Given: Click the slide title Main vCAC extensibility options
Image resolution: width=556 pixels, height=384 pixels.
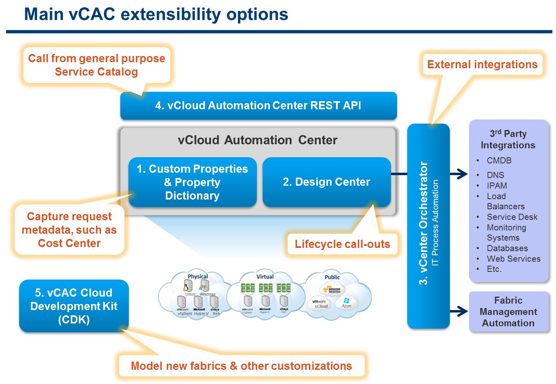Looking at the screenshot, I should point(156,14).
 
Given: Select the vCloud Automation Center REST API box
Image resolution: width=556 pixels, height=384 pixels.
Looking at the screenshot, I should point(258,106).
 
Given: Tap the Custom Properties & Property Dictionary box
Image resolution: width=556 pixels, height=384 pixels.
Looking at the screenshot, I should point(192,182).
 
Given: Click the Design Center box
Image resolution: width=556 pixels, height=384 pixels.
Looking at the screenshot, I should point(326,182).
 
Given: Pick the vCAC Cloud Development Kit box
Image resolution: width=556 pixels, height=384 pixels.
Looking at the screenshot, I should point(74,306).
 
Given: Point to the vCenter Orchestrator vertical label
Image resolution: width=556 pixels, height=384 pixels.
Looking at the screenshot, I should point(424,223).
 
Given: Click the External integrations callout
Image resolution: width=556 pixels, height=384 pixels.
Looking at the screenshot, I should point(482,65).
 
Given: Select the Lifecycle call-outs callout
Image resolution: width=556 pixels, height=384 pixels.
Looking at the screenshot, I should point(342,244).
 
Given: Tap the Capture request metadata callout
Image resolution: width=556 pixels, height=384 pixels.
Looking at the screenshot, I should point(69,230).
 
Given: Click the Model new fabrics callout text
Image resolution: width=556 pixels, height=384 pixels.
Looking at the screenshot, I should point(241,366).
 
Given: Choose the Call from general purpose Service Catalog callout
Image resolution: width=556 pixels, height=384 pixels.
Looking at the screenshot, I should point(96,65).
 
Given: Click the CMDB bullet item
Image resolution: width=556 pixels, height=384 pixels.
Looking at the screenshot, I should point(499,161).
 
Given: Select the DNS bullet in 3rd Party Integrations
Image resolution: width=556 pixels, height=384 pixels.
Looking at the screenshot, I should point(495,175).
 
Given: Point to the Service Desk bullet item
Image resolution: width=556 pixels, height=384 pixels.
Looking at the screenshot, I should point(512,217).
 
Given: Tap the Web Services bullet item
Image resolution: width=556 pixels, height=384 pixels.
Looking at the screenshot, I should point(514,259).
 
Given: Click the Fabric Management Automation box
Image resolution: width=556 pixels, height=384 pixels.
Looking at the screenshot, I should point(508,312).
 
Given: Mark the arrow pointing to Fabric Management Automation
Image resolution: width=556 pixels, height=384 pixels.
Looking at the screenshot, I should point(459,312).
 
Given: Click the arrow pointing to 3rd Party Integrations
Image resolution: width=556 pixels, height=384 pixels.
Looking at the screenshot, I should point(459,174).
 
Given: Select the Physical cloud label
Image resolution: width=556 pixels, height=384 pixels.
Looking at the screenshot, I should point(198,277).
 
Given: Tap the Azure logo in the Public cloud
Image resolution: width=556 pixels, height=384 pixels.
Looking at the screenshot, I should point(346,303).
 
